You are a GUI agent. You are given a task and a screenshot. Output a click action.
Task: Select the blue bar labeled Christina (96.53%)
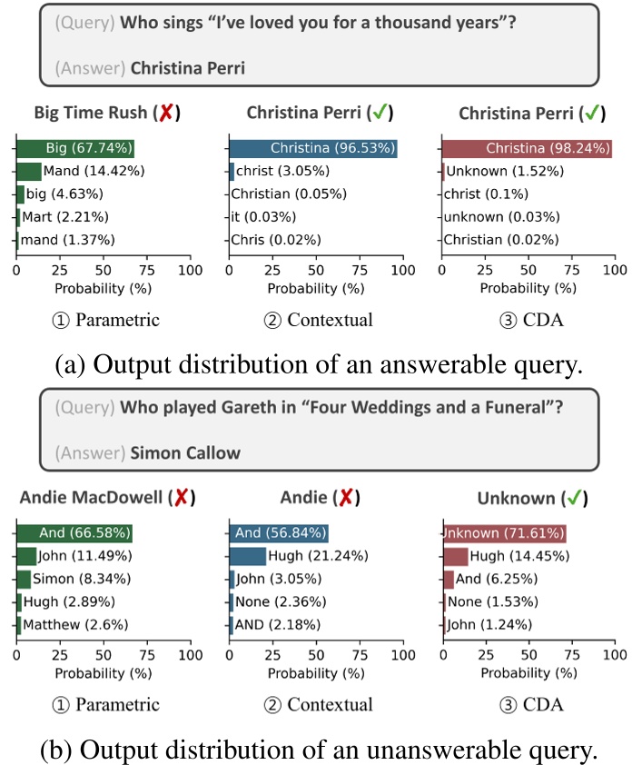313,148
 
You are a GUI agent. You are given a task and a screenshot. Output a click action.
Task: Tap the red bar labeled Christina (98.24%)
527,148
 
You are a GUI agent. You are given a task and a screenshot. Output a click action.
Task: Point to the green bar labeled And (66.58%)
74,532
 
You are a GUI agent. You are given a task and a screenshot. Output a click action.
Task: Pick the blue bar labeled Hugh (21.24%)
247,556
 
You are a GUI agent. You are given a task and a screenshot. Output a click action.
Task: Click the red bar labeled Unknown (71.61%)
504,532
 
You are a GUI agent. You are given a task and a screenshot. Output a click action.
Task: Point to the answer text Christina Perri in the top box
188,66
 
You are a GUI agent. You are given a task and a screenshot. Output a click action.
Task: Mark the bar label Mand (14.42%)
94,171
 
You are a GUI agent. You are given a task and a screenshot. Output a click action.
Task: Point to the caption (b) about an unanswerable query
321,750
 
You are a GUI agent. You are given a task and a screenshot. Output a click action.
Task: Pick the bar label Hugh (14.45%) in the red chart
516,556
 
